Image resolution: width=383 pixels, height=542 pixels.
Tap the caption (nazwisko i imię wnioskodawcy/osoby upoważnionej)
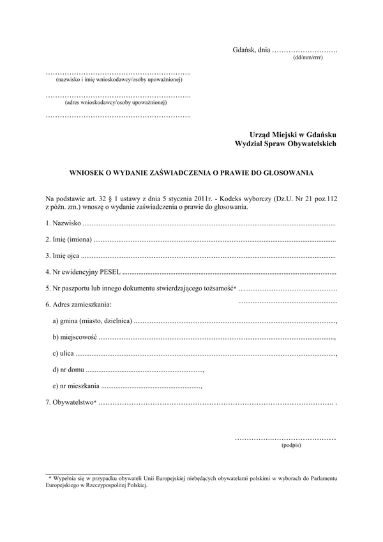pyautogui.click(x=119, y=80)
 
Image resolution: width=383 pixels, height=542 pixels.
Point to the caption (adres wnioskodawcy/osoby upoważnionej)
pyautogui.click(x=116, y=102)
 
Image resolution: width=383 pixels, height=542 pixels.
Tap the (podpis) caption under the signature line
pyautogui.click(x=290, y=446)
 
